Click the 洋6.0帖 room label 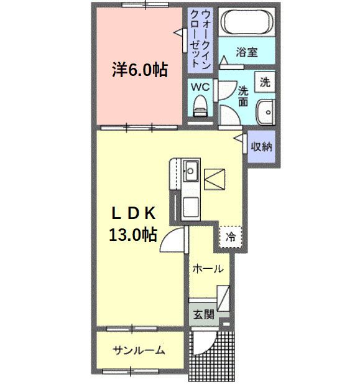[x=139, y=70]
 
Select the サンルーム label [x=139, y=350]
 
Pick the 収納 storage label [x=261, y=148]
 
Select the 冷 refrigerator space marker [x=231, y=236]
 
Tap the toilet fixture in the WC [x=200, y=105]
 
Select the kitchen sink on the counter [x=190, y=169]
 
